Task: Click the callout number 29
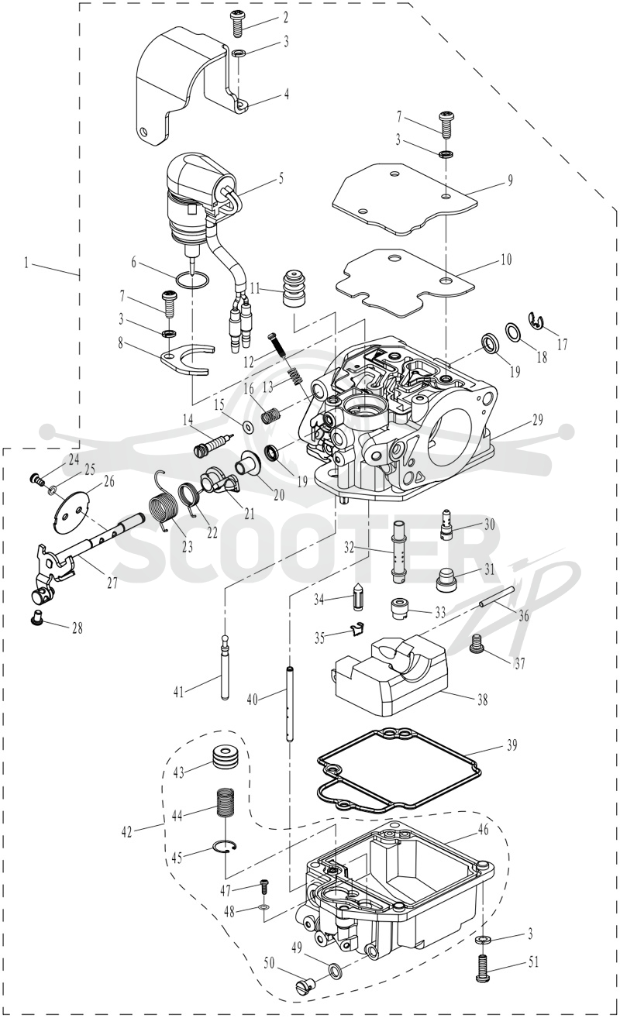pos(537,419)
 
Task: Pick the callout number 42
pos(127,831)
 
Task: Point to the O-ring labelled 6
pos(193,280)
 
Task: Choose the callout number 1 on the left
pos(26,262)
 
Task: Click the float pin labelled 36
pos(496,597)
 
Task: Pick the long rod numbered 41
pos(224,668)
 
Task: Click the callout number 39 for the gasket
pos(511,745)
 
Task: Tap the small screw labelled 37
pos(477,644)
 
